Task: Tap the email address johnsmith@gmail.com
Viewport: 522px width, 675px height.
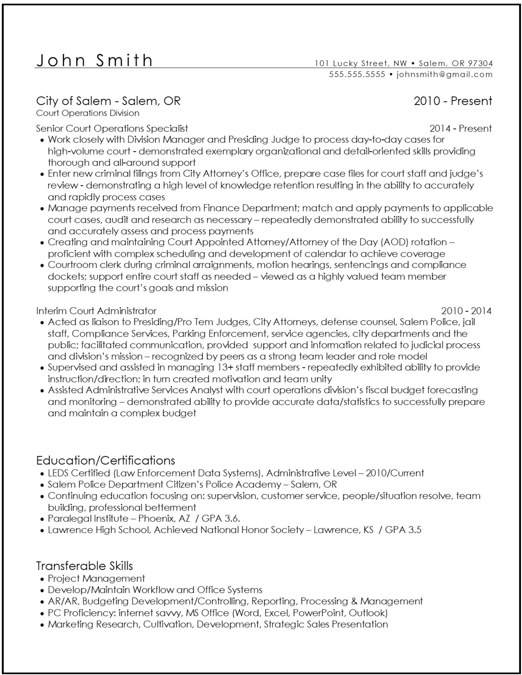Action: coord(444,74)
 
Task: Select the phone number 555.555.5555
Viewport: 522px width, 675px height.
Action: coord(357,74)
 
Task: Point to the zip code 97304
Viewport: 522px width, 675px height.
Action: coord(480,63)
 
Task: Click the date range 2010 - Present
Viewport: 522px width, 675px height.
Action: coord(453,101)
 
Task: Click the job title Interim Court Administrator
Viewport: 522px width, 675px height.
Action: coord(96,311)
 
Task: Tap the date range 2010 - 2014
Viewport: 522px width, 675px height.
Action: coord(466,311)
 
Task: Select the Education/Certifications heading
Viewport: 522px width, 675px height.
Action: coord(105,460)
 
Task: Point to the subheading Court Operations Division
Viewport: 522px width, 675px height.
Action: coord(88,113)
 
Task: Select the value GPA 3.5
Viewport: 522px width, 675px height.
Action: coord(403,530)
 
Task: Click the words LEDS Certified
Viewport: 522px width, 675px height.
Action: coord(79,473)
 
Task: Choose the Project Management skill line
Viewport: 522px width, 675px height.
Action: coord(96,578)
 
